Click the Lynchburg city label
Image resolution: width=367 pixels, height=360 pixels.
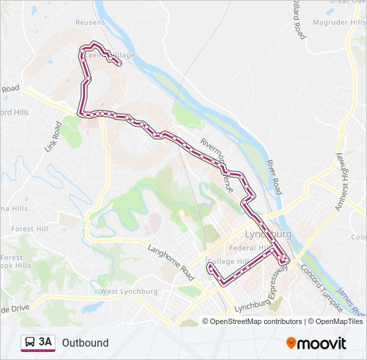268,235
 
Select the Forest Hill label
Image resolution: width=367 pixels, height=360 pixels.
31,229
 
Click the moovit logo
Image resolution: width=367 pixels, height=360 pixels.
316,343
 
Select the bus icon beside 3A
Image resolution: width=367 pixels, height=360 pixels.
29,343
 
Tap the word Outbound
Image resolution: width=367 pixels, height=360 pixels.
85,343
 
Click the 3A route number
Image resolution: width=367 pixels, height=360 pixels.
45,343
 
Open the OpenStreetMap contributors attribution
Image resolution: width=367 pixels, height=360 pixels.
256,321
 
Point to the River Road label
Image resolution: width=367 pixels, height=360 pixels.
274,177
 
